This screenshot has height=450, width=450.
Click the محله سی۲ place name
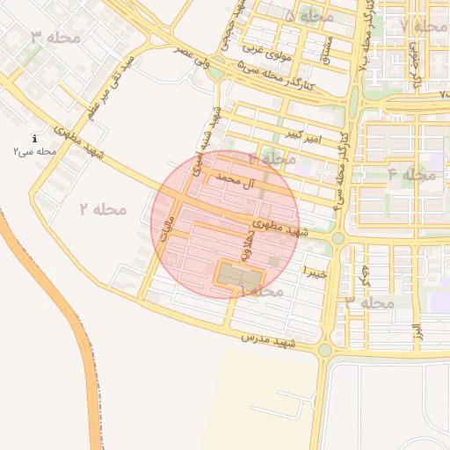pos(34,151)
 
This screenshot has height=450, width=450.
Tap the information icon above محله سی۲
pos(34,138)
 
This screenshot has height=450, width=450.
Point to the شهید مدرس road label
pos(268,340)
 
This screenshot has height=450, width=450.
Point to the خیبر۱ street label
pos(314,272)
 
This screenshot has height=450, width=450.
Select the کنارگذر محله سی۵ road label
pos(275,76)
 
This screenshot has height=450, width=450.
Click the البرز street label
pos(418,332)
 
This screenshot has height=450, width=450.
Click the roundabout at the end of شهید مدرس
pos(324,350)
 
